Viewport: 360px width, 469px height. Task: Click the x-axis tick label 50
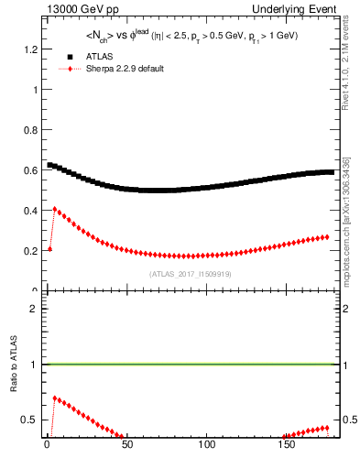(x=126, y=447)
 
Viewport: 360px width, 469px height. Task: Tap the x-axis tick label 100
(x=207, y=447)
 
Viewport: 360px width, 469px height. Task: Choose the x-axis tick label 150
(x=288, y=447)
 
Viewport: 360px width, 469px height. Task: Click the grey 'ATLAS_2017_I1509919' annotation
(x=190, y=274)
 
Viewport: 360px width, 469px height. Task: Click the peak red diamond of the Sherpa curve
(x=55, y=209)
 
